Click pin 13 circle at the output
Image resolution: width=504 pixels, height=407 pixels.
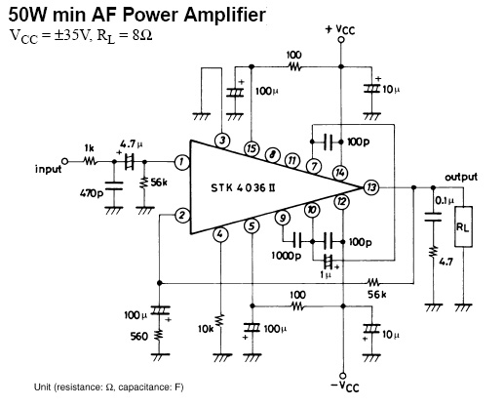pyautogui.click(x=371, y=187)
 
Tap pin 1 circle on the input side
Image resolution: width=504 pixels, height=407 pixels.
pyautogui.click(x=182, y=162)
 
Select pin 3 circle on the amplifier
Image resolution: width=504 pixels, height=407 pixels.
pyautogui.click(x=222, y=141)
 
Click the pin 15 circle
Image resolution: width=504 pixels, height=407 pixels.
pyautogui.click(x=252, y=148)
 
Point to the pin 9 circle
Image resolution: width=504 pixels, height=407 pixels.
pyautogui.click(x=283, y=218)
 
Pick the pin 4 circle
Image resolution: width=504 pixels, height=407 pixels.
pyautogui.click(x=220, y=234)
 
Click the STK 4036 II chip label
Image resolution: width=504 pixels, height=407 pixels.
pyautogui.click(x=243, y=188)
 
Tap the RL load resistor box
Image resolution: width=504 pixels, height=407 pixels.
pyautogui.click(x=463, y=226)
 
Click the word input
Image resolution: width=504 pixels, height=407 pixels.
pyautogui.click(x=48, y=169)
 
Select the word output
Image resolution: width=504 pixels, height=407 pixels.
pyautogui.click(x=461, y=177)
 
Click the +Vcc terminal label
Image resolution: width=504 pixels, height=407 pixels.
pyautogui.click(x=340, y=29)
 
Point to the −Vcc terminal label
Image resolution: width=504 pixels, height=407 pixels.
pyautogui.click(x=345, y=387)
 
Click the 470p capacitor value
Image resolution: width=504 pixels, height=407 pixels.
pyautogui.click(x=92, y=193)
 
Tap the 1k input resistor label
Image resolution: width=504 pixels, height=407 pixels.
pyautogui.click(x=89, y=148)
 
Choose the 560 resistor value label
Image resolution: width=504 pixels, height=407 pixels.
pyautogui.click(x=139, y=336)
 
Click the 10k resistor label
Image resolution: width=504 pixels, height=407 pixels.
pyautogui.click(x=206, y=329)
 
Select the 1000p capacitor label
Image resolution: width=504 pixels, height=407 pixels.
pyautogui.click(x=287, y=256)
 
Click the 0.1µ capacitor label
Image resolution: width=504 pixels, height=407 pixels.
pyautogui.click(x=445, y=200)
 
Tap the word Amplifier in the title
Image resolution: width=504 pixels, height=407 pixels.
pyautogui.click(x=224, y=15)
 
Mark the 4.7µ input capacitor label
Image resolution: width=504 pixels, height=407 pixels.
pyautogui.click(x=131, y=143)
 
